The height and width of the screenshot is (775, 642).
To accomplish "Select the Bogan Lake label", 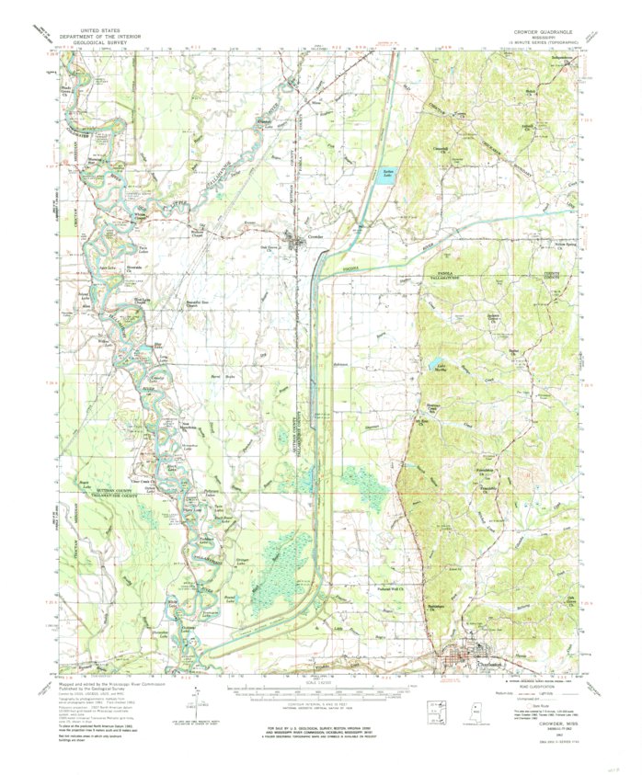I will (89, 484).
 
